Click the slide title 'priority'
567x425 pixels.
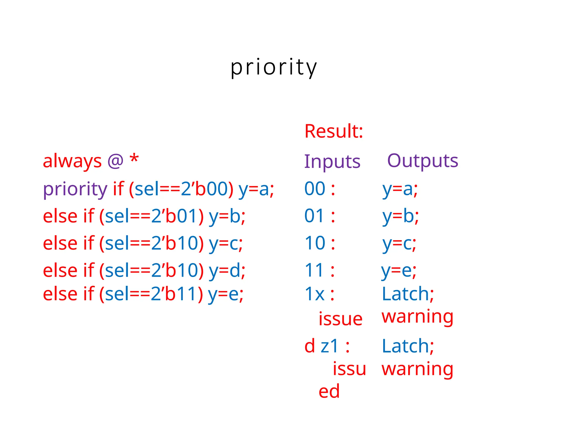274,68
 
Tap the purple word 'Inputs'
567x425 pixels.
332,162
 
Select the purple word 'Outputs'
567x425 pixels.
422,161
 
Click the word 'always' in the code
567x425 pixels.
72,161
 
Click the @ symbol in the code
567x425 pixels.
115,161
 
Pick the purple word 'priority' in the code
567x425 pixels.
75,189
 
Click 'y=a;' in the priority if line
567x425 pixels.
256,189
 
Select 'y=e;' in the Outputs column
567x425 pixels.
399,270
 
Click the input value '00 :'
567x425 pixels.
320,189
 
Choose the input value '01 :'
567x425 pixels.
320,216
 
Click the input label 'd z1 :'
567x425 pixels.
327,346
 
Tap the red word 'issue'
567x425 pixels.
340,319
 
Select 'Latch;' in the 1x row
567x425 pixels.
408,294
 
